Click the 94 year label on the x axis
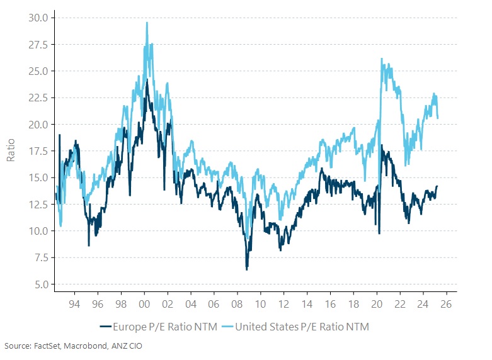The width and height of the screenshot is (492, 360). [74, 302]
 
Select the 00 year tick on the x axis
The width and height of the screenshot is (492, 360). [144, 302]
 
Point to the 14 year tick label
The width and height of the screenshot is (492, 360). [307, 302]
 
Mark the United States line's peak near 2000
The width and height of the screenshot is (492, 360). [147, 23]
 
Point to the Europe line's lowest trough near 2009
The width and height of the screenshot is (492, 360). [246, 269]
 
